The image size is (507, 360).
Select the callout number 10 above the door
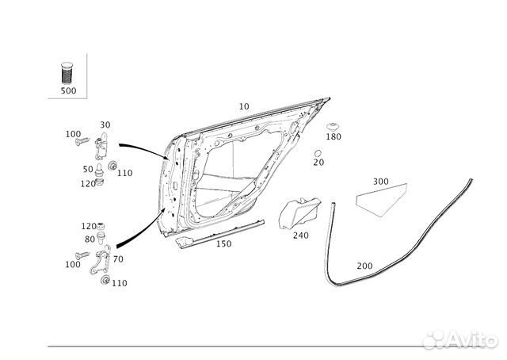tap(243, 105)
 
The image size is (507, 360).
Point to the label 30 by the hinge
tap(105, 124)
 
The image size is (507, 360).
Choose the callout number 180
tap(334, 137)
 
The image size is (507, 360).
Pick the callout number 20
tap(318, 163)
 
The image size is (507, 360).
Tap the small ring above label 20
tap(318, 151)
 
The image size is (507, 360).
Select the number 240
tap(300, 235)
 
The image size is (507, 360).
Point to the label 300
tap(380, 182)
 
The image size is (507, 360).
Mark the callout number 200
tap(364, 266)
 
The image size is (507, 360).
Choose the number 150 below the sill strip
tap(224, 244)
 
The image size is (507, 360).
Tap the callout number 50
tap(87, 169)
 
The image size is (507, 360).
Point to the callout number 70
tap(118, 259)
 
